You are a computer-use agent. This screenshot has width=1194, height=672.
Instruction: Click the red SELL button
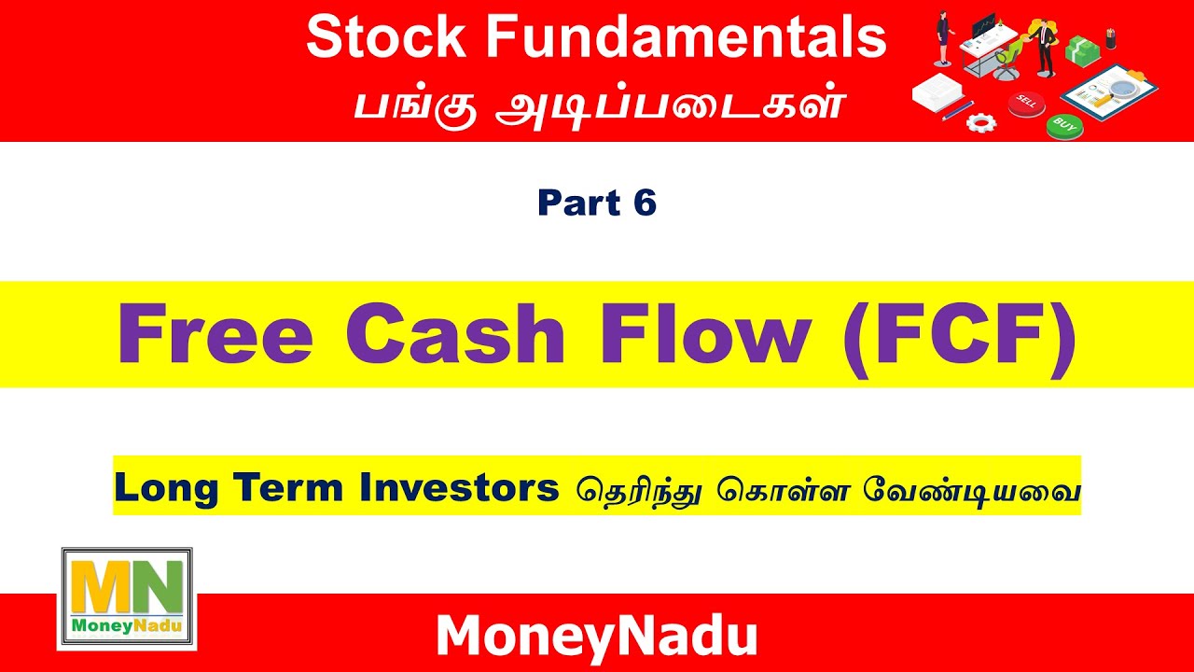(1028, 101)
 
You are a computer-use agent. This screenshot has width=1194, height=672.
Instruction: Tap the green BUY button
(1064, 124)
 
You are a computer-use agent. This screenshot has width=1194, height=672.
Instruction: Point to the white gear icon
(980, 120)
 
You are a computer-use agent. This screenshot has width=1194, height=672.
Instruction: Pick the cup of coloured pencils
(1110, 38)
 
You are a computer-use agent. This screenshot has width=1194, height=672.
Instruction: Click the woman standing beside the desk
(943, 38)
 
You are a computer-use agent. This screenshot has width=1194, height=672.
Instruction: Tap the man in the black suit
(1044, 42)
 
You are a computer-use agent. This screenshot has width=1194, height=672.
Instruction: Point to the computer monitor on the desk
(982, 26)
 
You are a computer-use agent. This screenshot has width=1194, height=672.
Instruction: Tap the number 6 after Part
(645, 203)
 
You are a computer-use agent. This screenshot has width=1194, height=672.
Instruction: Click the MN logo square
(127, 597)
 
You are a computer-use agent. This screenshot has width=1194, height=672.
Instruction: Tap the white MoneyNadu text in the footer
(596, 637)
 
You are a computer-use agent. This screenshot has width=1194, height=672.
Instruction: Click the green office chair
(1007, 61)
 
